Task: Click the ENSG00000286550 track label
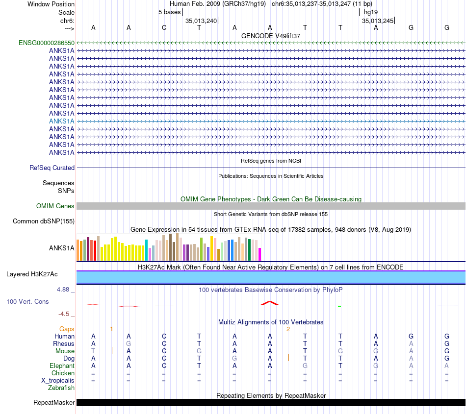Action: click(47, 43)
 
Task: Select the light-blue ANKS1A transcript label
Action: click(62, 121)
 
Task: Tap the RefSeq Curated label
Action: click(52, 168)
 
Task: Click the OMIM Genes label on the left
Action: click(55, 206)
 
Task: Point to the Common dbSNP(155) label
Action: click(44, 221)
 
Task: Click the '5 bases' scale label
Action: click(169, 12)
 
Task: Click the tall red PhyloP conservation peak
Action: click(270, 303)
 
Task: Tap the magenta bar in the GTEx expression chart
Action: click(260, 254)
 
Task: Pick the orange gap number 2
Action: click(288, 329)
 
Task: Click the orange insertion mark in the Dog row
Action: click(288, 358)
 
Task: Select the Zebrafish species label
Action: click(61, 388)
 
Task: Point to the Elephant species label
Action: click(62, 366)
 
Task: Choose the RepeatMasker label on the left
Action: click(54, 403)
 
